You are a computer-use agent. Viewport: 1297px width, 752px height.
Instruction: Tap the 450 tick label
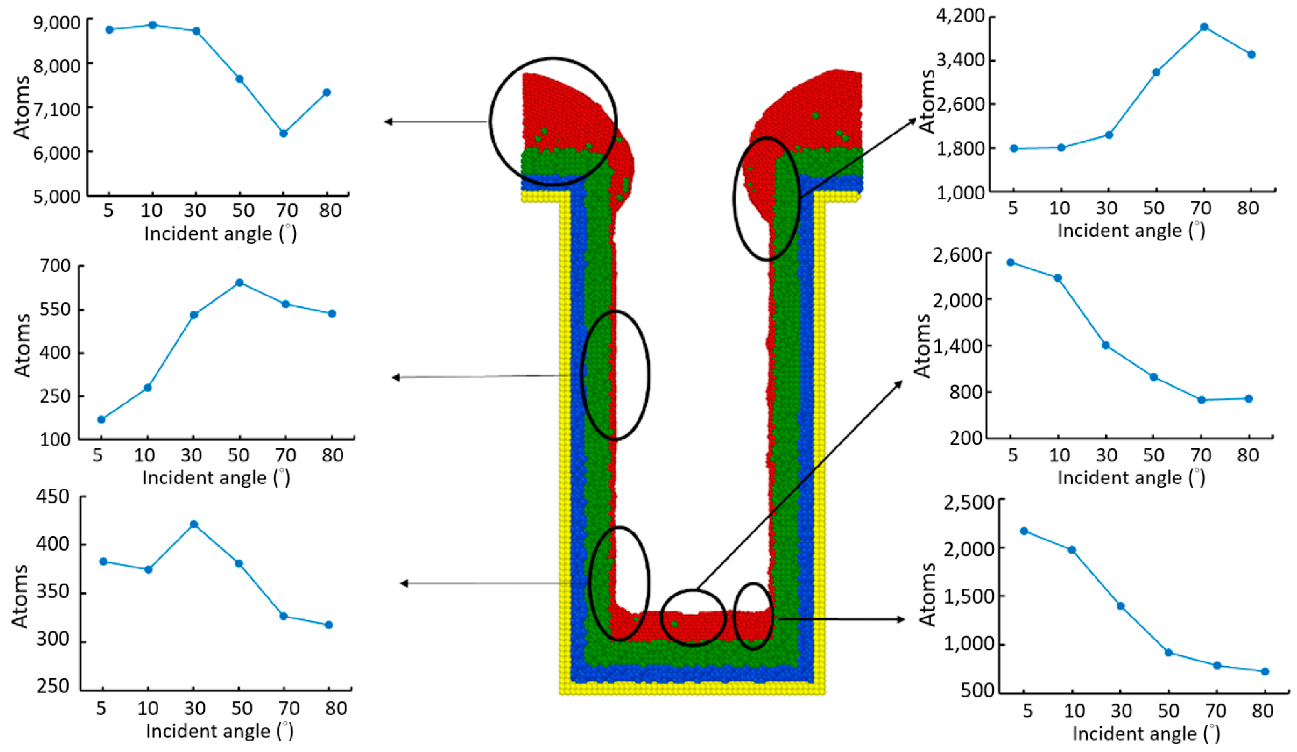[53, 496]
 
